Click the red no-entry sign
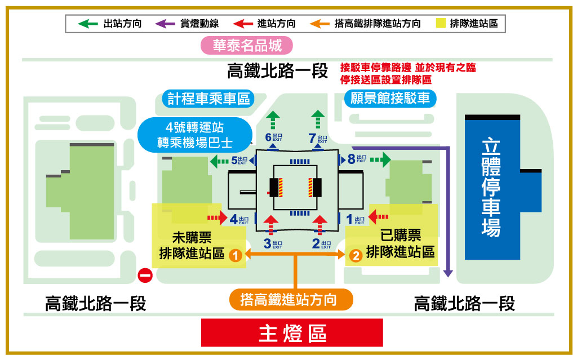[145, 275]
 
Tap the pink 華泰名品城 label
[247, 45]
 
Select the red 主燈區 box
[292, 333]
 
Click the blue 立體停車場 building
[492, 186]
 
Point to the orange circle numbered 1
[236, 256]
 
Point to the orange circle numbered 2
[356, 256]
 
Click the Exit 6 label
[273, 137]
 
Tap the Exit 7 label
[317, 137]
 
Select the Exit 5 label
[239, 161]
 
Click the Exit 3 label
[273, 244]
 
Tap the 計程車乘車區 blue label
[208, 99]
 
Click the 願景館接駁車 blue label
[390, 99]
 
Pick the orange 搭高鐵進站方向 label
[291, 299]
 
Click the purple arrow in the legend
[166, 24]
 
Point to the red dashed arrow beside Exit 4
[216, 217]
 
